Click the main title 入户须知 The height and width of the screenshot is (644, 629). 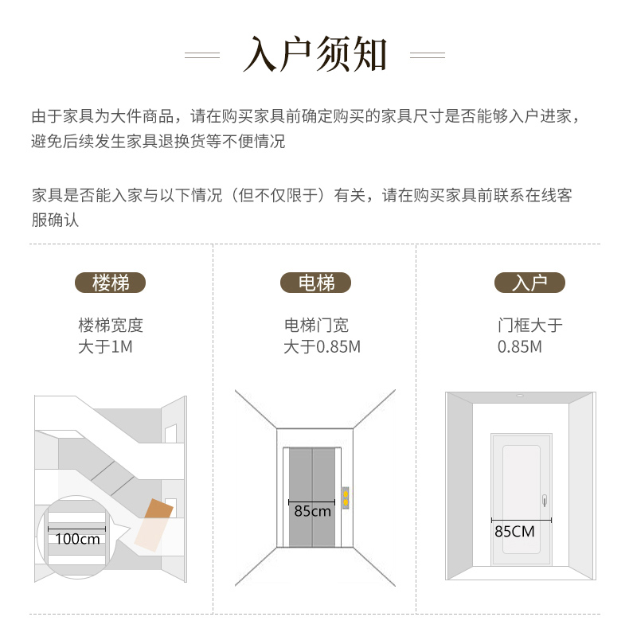(314, 54)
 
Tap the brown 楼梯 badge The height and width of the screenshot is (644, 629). (110, 283)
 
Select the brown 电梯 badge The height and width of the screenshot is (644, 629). (315, 283)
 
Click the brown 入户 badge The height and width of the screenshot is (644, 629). (529, 283)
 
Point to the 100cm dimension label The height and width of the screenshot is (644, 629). (78, 539)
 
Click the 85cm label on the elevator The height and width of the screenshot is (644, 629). (313, 511)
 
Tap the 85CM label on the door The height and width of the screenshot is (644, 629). (515, 532)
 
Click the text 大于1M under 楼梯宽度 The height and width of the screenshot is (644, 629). (106, 346)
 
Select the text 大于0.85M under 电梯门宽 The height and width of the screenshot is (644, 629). (322, 346)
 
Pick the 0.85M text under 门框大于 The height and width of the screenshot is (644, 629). (520, 346)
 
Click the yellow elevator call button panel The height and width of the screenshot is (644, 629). (346, 498)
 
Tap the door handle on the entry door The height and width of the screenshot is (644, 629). (545, 500)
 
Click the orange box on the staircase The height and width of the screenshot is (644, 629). (154, 525)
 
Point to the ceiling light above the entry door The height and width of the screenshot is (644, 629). (520, 396)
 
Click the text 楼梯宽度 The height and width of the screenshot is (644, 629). (111, 326)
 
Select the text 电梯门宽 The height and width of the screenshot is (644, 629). (316, 326)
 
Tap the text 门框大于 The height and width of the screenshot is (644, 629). (530, 326)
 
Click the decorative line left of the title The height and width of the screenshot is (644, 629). (202, 55)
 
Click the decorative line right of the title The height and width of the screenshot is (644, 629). (428, 55)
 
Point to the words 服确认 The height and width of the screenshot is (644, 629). (55, 220)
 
